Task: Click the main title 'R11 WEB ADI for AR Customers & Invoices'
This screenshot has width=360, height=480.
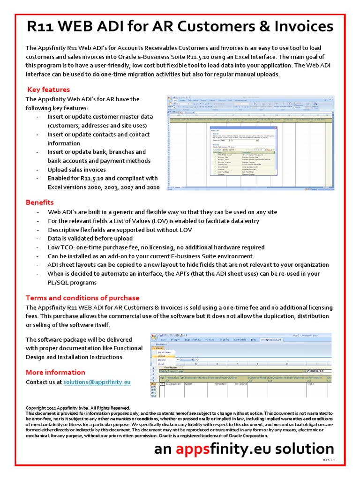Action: point(180,27)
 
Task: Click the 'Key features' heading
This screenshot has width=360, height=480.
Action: point(49,90)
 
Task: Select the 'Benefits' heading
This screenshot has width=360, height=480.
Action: point(40,202)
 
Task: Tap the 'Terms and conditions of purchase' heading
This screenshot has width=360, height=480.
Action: point(82,298)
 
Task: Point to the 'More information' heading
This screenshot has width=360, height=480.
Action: point(55,372)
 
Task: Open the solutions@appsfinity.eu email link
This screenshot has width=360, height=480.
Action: point(97,382)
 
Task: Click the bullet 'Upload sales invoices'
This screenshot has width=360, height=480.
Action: point(76,170)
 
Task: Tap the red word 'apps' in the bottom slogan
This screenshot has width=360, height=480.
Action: point(193,449)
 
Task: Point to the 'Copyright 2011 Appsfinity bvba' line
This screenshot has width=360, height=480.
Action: point(78,408)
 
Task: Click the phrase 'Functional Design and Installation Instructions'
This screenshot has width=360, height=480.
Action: point(84,352)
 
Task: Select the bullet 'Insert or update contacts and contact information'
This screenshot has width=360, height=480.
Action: point(98,139)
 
